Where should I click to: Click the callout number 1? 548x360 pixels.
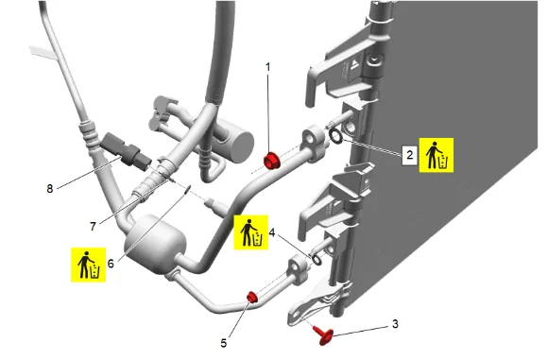point(268,67)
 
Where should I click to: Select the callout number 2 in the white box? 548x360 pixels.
point(410,155)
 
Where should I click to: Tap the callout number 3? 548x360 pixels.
point(395,324)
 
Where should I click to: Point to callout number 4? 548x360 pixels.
point(272,232)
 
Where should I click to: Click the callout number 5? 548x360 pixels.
point(224,343)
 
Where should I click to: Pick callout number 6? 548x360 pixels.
point(111,264)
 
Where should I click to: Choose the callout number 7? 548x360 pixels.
point(93,227)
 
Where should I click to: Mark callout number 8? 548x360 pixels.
point(50,189)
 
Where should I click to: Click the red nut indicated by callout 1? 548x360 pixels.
point(271,161)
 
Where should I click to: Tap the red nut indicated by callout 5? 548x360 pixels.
point(252,297)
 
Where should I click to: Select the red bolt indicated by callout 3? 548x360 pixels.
point(324,334)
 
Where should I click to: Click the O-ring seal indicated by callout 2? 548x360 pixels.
point(336,136)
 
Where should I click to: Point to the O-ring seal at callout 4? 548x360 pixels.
point(317,260)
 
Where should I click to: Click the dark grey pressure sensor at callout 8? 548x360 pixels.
point(126,152)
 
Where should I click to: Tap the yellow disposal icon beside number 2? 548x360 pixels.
point(437,155)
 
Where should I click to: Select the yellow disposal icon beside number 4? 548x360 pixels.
point(251,232)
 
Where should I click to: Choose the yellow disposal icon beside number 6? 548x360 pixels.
point(89,265)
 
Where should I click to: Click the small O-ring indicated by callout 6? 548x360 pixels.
point(187,189)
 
